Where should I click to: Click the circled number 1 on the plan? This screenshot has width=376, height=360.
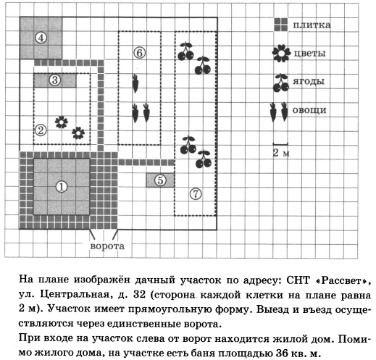point(62,187)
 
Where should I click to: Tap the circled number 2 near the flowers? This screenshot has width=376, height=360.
point(41,130)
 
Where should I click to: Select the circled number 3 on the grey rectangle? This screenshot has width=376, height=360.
point(55,80)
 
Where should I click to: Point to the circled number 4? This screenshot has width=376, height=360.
point(41,38)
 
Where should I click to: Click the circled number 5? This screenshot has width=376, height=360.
point(160,180)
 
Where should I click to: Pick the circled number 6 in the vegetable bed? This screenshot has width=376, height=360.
point(140,53)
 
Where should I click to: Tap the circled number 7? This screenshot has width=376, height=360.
point(196,193)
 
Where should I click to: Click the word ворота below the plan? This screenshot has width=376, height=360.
point(107,246)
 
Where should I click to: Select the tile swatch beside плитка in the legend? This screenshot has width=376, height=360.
point(281,25)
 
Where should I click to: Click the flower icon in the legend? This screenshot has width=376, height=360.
point(281,53)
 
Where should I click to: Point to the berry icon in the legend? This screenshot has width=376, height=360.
point(281,83)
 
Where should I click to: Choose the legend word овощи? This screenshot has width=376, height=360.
point(309,110)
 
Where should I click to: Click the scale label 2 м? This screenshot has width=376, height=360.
point(281,153)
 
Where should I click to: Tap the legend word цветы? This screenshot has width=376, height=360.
point(309,54)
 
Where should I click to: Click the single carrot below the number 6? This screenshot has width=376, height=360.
point(135,83)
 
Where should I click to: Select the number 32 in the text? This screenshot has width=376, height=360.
point(139,295)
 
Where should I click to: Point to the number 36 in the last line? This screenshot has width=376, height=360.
point(283,353)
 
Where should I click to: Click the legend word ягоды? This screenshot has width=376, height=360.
point(309,82)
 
